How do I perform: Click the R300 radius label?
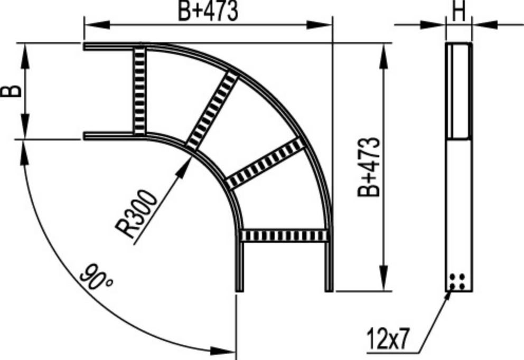[x=136, y=214]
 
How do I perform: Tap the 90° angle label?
[x=96, y=277]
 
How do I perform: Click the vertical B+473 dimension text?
[x=369, y=167]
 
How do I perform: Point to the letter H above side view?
[x=459, y=12]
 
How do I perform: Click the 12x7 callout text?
[x=388, y=338]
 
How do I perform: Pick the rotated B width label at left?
[x=11, y=91]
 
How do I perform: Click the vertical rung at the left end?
[x=139, y=90]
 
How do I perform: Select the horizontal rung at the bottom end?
[x=284, y=235]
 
